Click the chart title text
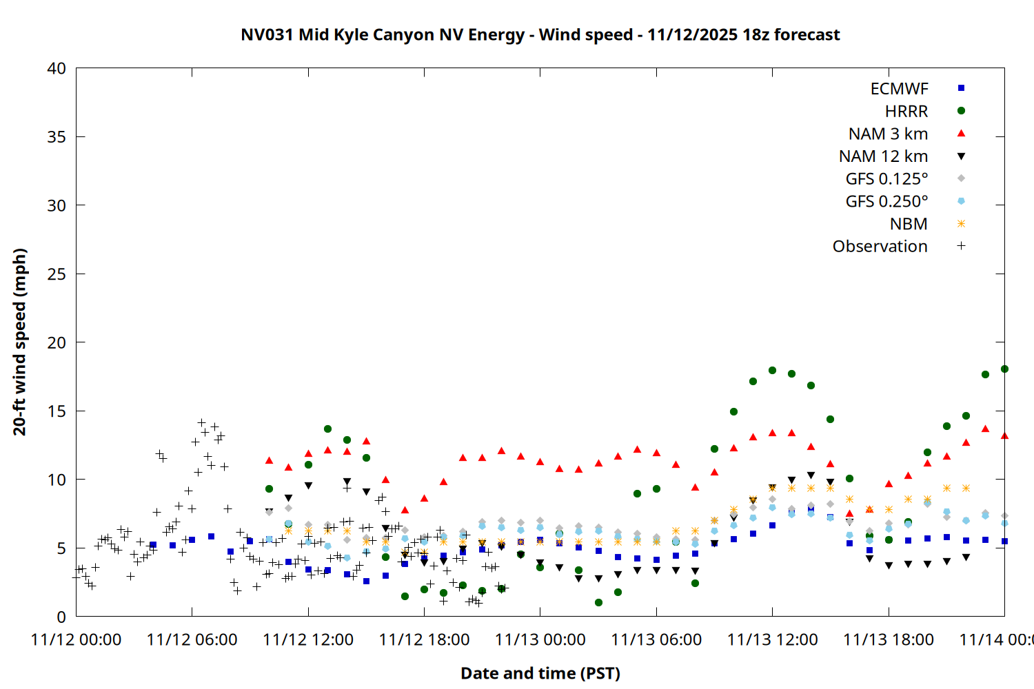tap(540, 34)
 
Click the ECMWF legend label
tap(899, 89)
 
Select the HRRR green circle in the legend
tap(961, 111)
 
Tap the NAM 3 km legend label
tap(888, 134)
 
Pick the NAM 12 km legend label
tap(883, 156)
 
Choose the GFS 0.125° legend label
tap(886, 179)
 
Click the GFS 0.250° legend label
tap(886, 202)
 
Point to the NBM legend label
tap(909, 224)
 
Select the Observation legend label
tap(880, 247)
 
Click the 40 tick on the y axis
tap(57, 68)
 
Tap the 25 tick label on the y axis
tap(57, 274)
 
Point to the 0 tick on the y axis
tap(61, 617)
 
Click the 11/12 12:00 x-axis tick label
tap(308, 639)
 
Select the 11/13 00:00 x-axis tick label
tap(540, 639)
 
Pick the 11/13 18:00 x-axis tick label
tap(888, 639)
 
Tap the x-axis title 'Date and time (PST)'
tap(540, 673)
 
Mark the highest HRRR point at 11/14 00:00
tap(1004, 369)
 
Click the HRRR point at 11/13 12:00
tap(772, 370)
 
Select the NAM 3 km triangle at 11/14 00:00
tap(1004, 435)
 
